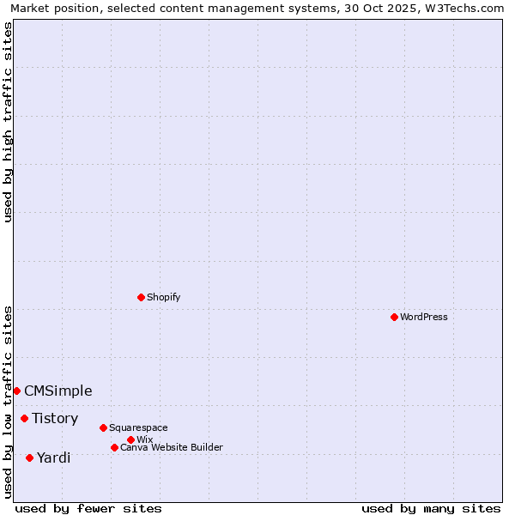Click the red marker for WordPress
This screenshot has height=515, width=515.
point(394,317)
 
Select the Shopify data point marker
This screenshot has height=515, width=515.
point(141,297)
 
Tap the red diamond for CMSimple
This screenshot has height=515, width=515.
point(16,391)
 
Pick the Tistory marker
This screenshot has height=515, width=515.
point(24,418)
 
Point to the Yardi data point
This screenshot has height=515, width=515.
point(29,457)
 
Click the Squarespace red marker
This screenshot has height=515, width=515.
point(103,427)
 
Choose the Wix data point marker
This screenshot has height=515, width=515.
point(130,439)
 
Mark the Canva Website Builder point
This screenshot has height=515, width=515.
point(114,447)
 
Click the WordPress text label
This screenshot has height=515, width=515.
point(424,317)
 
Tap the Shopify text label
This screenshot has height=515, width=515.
point(163,297)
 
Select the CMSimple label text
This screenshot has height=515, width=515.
point(58,391)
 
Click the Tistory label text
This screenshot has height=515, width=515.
point(55,418)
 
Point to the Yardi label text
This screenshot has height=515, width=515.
point(53,457)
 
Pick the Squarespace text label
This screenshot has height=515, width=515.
point(138,427)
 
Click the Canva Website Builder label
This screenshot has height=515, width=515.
point(172,447)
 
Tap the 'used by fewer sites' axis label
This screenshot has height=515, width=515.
point(88,508)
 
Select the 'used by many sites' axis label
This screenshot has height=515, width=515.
point(431,508)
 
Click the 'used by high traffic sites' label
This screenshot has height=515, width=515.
point(8,122)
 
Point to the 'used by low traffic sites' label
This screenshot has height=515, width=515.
point(8,401)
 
